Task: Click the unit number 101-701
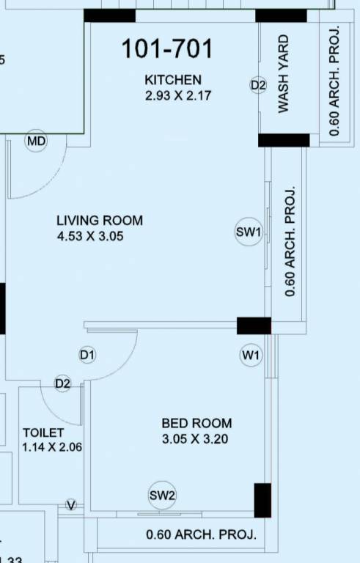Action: pyautogui.click(x=167, y=49)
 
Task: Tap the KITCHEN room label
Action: pyautogui.click(x=172, y=79)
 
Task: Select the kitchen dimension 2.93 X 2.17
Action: pyautogui.click(x=179, y=95)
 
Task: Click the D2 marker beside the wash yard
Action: pyautogui.click(x=257, y=86)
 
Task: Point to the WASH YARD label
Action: pyautogui.click(x=283, y=73)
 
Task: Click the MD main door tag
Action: pyautogui.click(x=36, y=141)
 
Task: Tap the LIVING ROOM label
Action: pyautogui.click(x=100, y=220)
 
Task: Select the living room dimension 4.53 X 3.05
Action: pyautogui.click(x=100, y=236)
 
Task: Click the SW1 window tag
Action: pyautogui.click(x=249, y=232)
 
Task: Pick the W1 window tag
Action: pyautogui.click(x=251, y=356)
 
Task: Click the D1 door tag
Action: pyautogui.click(x=88, y=356)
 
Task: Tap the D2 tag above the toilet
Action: pyautogui.click(x=63, y=383)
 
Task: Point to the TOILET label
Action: pyautogui.click(x=43, y=433)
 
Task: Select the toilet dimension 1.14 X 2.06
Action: pyautogui.click(x=53, y=446)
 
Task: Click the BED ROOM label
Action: pyautogui.click(x=196, y=423)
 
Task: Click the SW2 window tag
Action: pyautogui.click(x=162, y=496)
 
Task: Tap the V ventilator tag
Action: pyautogui.click(x=71, y=505)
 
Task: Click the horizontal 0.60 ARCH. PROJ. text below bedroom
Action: pyautogui.click(x=202, y=534)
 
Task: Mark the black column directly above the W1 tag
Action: pyautogui.click(x=254, y=325)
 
